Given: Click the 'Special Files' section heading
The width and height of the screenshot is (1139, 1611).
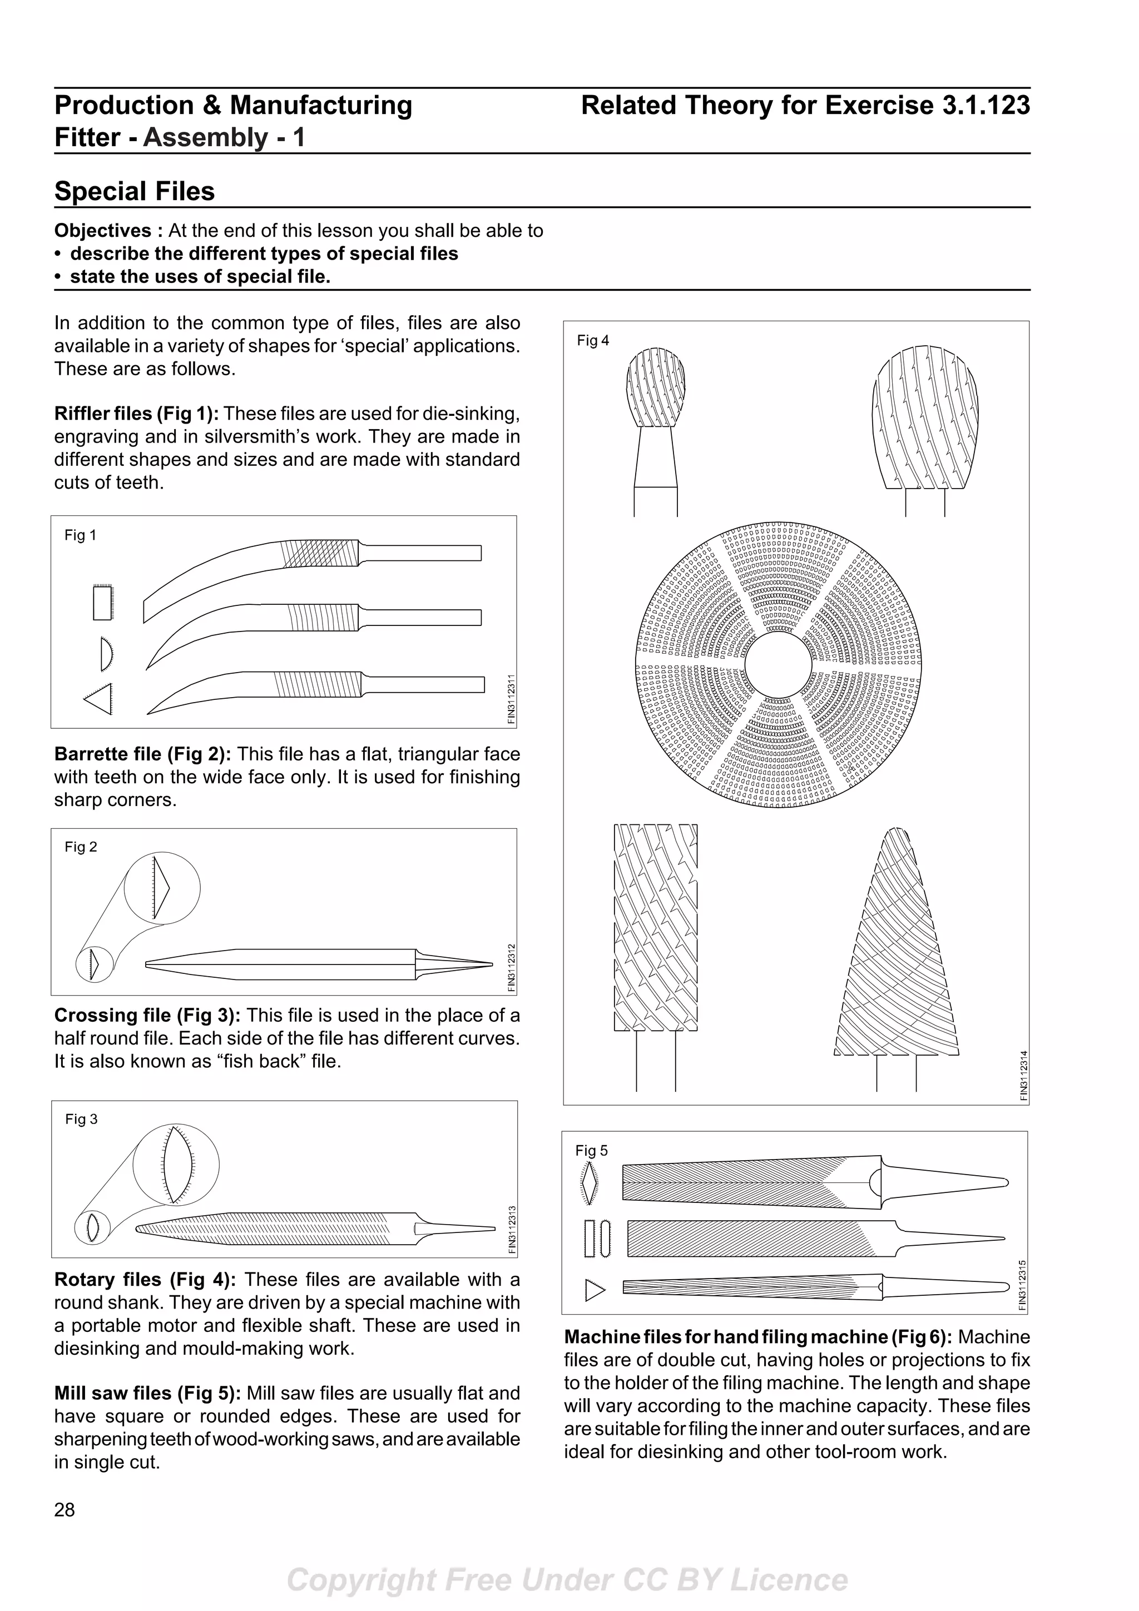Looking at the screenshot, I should [x=135, y=191].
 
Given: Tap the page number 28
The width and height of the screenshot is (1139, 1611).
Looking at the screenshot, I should [x=65, y=1509].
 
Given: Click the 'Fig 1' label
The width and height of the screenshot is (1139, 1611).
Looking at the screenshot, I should [x=80, y=535].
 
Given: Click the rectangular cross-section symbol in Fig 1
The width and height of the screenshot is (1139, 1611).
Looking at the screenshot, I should [x=102, y=603].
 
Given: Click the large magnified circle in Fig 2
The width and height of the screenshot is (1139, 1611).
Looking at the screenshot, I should [x=162, y=888].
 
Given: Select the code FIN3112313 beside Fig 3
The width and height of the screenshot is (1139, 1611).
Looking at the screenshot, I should [x=512, y=1229].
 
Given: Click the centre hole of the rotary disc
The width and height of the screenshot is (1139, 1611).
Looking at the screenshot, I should [x=778, y=665].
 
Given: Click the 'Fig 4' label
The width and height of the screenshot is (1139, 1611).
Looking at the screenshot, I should [x=593, y=341].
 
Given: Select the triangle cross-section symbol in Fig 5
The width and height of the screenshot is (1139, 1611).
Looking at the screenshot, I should [x=595, y=1290].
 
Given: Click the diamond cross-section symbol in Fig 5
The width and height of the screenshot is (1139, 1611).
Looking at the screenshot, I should [x=590, y=1182].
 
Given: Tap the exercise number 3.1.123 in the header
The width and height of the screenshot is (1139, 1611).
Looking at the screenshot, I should [x=986, y=105].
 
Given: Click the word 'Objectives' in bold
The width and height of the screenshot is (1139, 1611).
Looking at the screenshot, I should [x=103, y=231].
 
